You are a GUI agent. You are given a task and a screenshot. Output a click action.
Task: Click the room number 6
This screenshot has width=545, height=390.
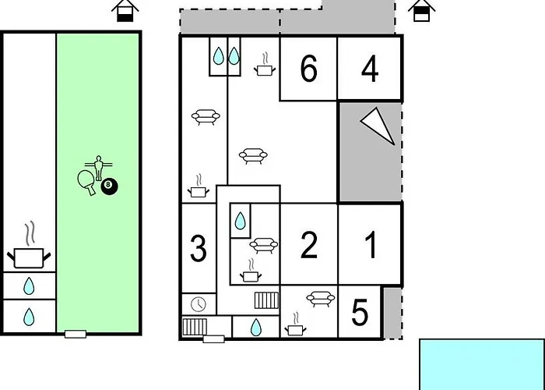[x=308, y=69]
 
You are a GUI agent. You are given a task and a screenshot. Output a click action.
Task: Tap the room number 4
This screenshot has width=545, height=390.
[x=370, y=69]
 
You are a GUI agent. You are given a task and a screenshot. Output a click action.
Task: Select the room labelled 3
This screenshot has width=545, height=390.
[x=199, y=248]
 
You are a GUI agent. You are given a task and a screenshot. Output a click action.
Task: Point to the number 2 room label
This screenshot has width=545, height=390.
[x=308, y=245]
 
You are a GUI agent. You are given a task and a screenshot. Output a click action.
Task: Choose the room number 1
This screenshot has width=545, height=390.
[x=371, y=245]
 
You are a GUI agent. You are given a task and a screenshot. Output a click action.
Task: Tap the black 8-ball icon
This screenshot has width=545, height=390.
[x=109, y=186]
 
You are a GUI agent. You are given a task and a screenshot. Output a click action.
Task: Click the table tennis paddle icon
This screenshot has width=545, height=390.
[x=86, y=182]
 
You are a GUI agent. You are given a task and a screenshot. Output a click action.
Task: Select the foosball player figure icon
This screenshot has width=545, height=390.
[x=99, y=167]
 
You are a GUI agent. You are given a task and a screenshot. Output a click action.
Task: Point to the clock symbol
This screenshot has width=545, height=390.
[x=199, y=304]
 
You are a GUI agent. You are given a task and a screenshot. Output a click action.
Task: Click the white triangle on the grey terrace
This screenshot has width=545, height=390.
[x=379, y=125]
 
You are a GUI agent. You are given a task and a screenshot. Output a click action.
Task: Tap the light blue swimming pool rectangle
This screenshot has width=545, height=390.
[x=482, y=364]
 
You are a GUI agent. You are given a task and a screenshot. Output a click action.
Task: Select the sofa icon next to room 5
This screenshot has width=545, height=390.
[x=321, y=299]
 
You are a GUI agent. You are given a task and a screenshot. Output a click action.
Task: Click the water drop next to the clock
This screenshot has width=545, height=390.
[x=256, y=328]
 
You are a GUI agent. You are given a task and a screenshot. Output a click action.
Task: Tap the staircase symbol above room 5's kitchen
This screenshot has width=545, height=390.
[x=266, y=300]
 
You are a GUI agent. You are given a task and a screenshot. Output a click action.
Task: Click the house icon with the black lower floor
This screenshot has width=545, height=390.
[x=125, y=11]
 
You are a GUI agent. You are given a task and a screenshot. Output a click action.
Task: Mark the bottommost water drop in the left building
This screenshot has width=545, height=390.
[x=29, y=317]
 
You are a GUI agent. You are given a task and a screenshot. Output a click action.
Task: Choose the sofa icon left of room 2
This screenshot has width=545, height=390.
[x=264, y=245]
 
